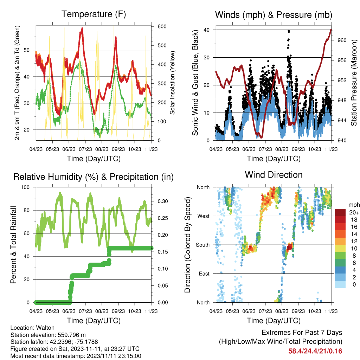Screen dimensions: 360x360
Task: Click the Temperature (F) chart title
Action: (x=94, y=14)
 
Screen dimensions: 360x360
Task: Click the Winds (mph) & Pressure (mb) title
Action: (x=274, y=15)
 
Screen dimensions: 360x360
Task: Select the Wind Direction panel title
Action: (x=274, y=175)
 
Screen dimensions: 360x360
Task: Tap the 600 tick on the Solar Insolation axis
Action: (x=162, y=26)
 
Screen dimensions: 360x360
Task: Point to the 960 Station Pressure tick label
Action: (x=342, y=40)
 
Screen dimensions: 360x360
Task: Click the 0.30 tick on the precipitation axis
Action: (x=163, y=201)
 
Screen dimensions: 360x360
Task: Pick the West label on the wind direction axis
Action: (x=203, y=216)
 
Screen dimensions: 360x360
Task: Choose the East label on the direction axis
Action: (x=204, y=274)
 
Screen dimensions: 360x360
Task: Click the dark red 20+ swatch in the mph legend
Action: (x=340, y=212)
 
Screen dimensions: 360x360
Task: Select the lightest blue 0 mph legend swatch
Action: (x=340, y=284)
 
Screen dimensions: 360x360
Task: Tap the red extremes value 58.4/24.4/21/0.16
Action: (x=315, y=351)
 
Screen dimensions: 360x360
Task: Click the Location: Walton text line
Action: (x=32, y=328)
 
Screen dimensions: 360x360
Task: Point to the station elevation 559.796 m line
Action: (x=48, y=335)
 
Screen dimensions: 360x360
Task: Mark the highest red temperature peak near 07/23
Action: (x=82, y=28)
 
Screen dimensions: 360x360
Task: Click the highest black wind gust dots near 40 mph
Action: (x=289, y=31)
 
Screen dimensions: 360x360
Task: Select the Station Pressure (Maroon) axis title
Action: (x=354, y=83)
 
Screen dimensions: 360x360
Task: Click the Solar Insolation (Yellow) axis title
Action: (x=172, y=83)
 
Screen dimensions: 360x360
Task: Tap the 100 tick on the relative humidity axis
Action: (x=25, y=187)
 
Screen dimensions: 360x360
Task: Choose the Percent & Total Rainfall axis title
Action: (x=13, y=245)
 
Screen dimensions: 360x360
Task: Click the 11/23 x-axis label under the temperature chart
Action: (x=151, y=149)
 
